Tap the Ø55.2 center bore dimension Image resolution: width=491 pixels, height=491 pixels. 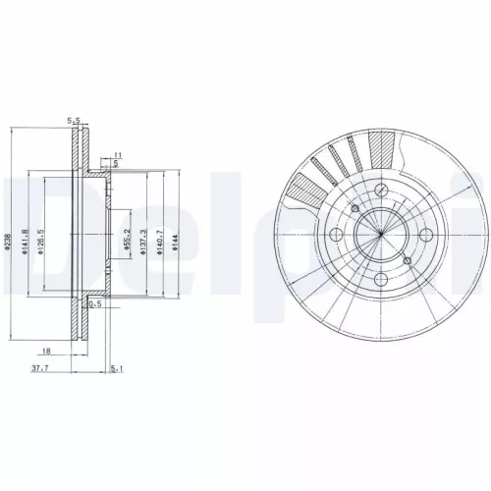click(x=128, y=242)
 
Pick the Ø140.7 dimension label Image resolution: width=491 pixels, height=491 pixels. click(x=160, y=243)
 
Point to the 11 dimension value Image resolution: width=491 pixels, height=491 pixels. click(x=116, y=155)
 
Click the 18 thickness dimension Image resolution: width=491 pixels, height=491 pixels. click(x=46, y=350)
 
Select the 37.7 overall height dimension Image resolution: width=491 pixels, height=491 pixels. click(x=41, y=370)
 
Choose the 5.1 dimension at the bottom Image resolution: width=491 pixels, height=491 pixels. click(x=118, y=370)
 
